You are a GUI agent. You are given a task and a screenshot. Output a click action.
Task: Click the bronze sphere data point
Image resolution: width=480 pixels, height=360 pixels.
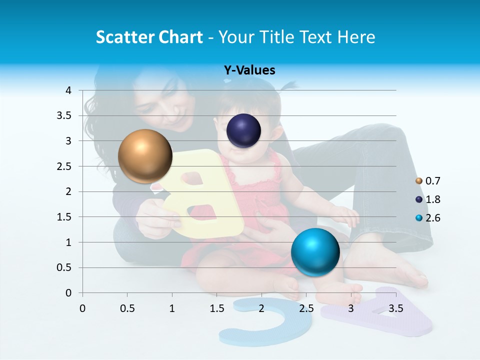[x=145, y=156]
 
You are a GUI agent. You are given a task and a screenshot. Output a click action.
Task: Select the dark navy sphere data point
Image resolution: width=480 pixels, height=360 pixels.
[x=244, y=130]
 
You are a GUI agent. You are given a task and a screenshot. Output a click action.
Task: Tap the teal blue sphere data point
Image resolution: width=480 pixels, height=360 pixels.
[x=315, y=252]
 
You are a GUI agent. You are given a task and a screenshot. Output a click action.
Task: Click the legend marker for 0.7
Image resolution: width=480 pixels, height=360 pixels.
[x=419, y=181]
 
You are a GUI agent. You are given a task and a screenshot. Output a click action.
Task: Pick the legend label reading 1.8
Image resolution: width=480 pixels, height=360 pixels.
[x=433, y=199]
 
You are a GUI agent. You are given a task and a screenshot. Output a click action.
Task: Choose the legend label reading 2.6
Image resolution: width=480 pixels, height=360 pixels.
[x=433, y=218]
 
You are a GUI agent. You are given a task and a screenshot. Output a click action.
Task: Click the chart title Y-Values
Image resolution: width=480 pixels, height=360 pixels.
[x=249, y=70]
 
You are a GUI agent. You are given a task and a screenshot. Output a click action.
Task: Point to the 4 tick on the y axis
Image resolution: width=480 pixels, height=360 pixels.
[x=69, y=90]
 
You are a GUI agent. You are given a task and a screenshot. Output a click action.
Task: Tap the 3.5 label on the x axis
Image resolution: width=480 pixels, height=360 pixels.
[x=395, y=308]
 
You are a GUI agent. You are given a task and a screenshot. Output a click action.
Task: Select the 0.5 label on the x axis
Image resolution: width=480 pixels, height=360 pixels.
[x=127, y=308]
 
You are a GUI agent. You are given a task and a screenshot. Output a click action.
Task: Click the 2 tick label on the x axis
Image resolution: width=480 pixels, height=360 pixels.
[x=261, y=308]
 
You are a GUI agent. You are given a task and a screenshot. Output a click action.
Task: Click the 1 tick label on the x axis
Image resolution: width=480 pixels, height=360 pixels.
[x=172, y=308]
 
